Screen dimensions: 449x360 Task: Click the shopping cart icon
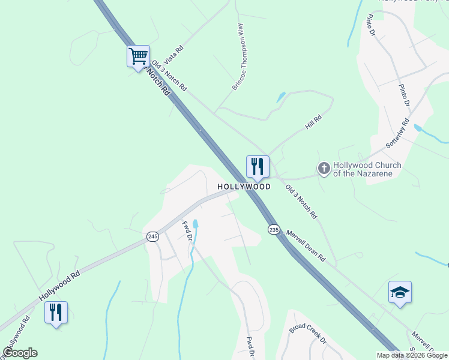(138, 57)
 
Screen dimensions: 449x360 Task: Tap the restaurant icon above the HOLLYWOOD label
(258, 166)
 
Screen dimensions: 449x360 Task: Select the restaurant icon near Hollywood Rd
(56, 312)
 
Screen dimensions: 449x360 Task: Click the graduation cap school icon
(400, 292)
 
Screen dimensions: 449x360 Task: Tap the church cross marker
(324, 169)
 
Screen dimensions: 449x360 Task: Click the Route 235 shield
(274, 230)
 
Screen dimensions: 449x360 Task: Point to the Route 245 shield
(152, 238)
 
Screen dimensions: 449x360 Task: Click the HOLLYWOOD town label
(244, 187)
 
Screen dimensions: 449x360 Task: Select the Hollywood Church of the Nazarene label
(367, 170)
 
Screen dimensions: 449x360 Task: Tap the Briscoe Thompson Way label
(238, 57)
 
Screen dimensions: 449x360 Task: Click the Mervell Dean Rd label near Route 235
(306, 245)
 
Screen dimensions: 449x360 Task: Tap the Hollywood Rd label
(59, 286)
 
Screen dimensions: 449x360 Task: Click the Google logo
(20, 353)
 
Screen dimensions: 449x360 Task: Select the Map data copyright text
(411, 355)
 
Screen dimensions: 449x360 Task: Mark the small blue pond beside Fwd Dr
(196, 224)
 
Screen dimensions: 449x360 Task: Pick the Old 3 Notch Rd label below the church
(301, 201)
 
